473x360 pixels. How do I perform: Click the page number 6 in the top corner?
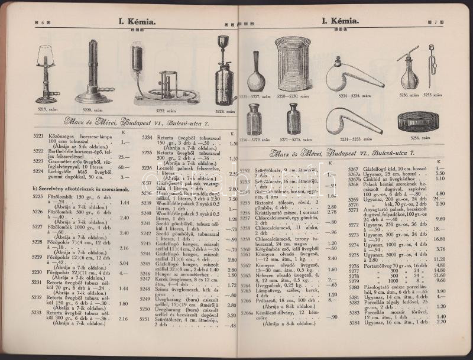43,22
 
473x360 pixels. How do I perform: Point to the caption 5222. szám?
164,111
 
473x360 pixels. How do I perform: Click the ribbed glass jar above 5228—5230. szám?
292,63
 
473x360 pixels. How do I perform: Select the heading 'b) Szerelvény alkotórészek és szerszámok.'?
81,189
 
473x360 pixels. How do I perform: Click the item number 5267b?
354,178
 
